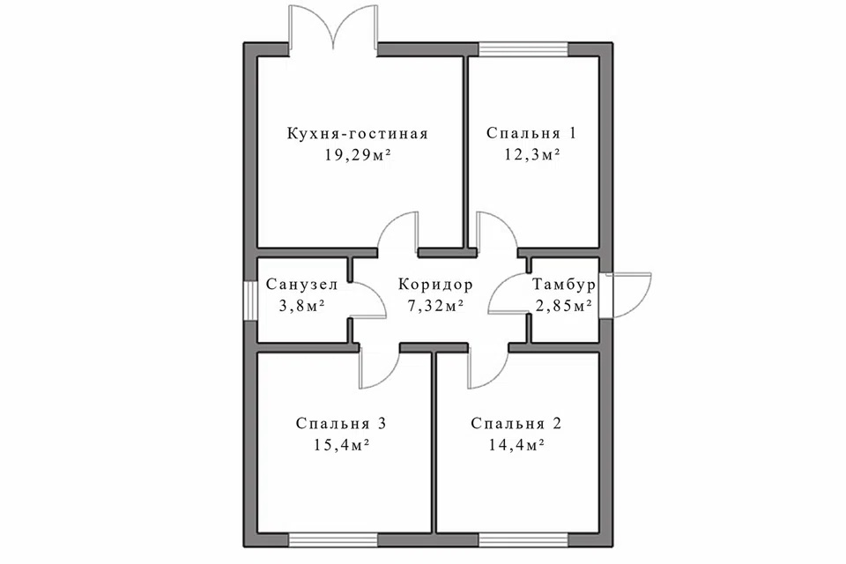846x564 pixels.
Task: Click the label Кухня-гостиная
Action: pos(357,133)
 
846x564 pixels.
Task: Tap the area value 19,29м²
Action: pos(358,155)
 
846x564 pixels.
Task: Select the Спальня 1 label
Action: pos(531,133)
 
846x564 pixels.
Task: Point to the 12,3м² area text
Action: pos(532,155)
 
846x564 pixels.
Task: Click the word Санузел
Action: pos(301,284)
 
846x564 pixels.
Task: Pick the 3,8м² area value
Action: pos(301,306)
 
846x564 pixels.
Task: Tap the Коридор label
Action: pos(435,284)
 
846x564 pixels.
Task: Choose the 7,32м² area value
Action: pos(436,306)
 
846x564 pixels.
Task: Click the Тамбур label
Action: pos(564,284)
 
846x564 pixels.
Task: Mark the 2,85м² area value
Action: pos(564,306)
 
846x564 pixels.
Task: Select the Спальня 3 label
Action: pos(341,423)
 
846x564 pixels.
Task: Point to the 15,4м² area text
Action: pos(341,445)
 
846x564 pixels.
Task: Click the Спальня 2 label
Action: pos(516,423)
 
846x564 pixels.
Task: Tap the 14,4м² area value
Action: pos(516,445)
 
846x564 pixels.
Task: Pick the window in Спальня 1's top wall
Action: pos(523,49)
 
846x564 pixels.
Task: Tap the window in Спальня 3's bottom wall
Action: pos(333,539)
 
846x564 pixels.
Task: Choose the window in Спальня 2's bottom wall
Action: pos(523,539)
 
